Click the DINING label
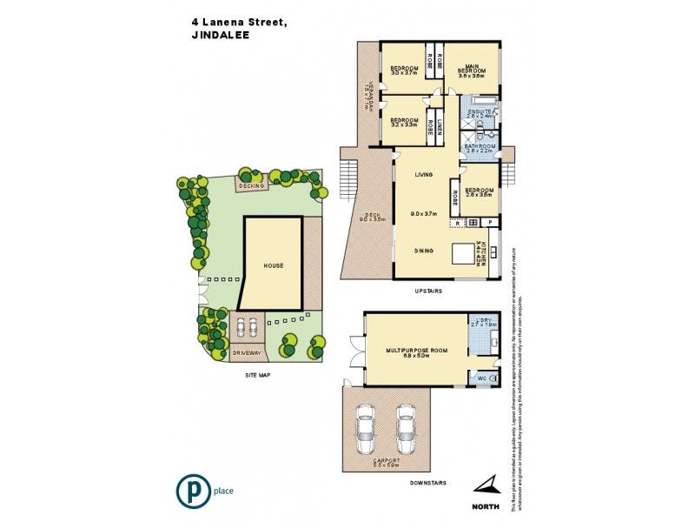point(424,249)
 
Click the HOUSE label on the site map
point(274,265)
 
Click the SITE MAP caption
point(258,374)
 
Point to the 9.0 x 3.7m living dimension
point(424,213)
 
